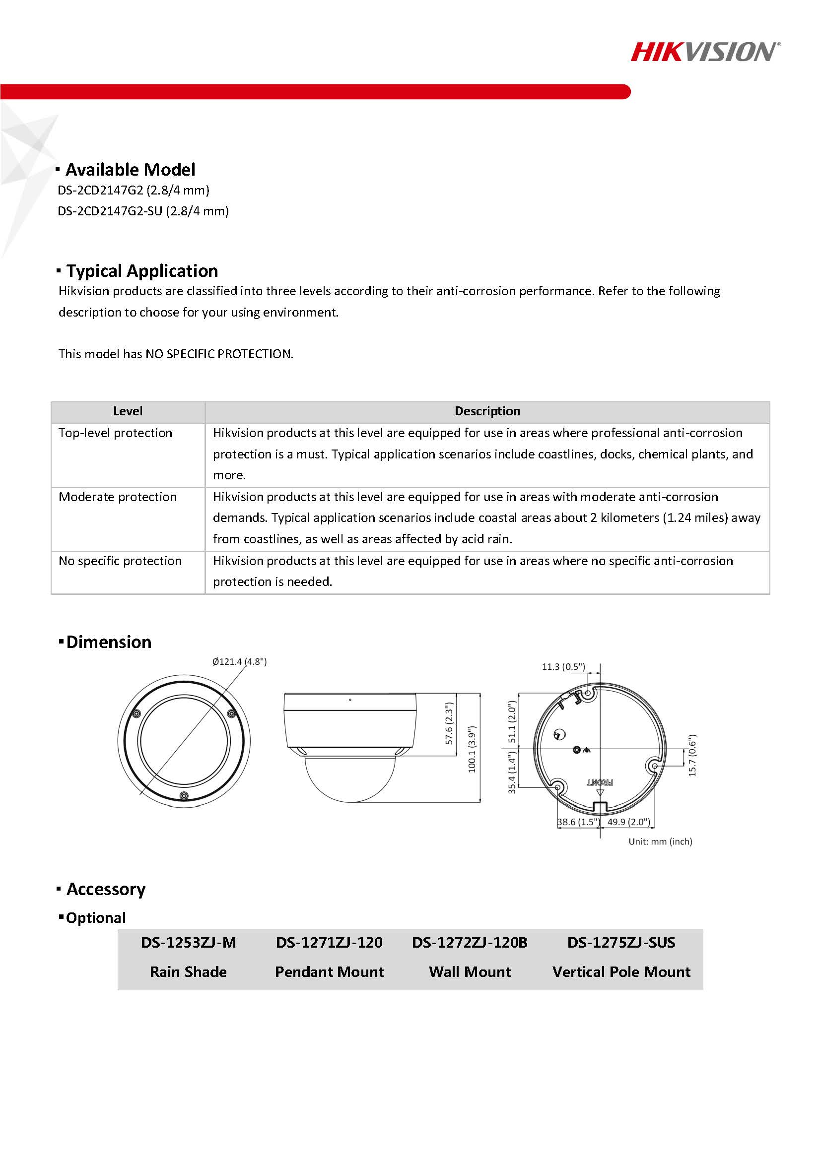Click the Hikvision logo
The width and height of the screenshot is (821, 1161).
[x=705, y=52]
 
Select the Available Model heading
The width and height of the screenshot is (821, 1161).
[x=130, y=169]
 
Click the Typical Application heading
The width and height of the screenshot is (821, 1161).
[x=141, y=271]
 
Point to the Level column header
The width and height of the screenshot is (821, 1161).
[x=128, y=411]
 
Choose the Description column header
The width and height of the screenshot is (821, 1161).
[x=487, y=411]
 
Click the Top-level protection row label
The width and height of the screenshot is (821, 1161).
[x=115, y=433]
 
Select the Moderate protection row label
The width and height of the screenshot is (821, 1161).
[x=118, y=497]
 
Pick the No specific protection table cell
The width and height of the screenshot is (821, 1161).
[x=121, y=561]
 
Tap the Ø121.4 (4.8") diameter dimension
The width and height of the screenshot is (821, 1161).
[x=239, y=661]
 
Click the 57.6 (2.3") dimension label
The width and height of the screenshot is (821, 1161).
[x=449, y=723]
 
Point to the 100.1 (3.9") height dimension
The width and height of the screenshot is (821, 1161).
[x=472, y=749]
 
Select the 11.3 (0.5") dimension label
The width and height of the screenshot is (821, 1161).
[x=563, y=666]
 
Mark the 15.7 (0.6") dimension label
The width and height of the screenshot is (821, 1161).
[x=692, y=756]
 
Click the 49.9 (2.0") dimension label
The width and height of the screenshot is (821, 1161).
[x=628, y=822]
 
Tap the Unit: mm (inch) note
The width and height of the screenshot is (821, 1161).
[x=660, y=841]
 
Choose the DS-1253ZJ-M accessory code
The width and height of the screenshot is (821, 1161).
[x=188, y=943]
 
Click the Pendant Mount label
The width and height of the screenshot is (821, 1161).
[x=329, y=972]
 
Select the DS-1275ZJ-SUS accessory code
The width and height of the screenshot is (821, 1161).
[x=621, y=943]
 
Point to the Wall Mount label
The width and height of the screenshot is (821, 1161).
[x=470, y=972]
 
